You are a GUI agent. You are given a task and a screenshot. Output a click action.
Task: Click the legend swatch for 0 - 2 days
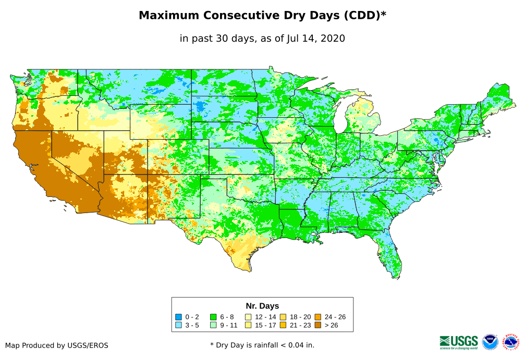tap(178, 317)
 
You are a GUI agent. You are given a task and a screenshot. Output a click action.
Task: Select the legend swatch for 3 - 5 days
tap(178, 325)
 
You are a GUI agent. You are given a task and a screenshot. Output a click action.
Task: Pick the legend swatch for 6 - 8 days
tap(213, 317)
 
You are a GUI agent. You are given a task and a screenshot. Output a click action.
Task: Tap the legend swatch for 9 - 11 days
tap(213, 325)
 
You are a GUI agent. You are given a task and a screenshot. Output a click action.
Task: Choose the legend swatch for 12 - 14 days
tap(248, 317)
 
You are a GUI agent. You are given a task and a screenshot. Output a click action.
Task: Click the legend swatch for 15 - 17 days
tap(248, 325)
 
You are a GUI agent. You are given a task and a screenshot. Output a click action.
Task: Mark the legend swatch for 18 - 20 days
tap(283, 317)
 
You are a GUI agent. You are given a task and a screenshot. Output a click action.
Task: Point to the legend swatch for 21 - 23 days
tap(283, 325)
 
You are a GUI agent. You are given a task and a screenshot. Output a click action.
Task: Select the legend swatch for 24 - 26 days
tap(318, 317)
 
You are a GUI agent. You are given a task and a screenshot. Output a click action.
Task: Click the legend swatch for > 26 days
tap(318, 325)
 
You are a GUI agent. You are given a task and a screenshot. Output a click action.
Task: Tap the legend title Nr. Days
tap(262, 306)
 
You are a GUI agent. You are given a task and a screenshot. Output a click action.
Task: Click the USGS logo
tap(459, 342)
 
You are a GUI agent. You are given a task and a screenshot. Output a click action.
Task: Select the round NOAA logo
tap(490, 342)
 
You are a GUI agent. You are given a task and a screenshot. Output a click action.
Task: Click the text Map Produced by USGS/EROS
tap(57, 345)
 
